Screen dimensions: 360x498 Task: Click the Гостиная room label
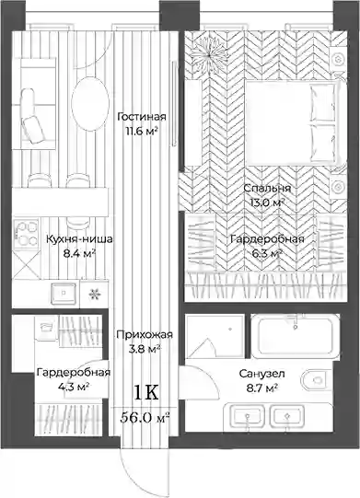click(142, 117)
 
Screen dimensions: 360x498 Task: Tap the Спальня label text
click(267, 188)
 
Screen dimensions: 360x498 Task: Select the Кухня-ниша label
click(79, 238)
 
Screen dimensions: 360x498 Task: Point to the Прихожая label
click(145, 334)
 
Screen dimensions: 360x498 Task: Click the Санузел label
click(261, 374)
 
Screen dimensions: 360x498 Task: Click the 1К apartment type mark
click(145, 392)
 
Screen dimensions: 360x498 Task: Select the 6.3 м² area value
click(266, 253)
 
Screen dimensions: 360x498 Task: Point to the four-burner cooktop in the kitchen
click(27, 234)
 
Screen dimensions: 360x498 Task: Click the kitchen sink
click(64, 293)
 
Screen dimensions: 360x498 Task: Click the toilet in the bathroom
click(316, 380)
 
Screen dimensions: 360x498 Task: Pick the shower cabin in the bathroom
click(215, 336)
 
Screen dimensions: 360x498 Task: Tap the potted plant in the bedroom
click(209, 55)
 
